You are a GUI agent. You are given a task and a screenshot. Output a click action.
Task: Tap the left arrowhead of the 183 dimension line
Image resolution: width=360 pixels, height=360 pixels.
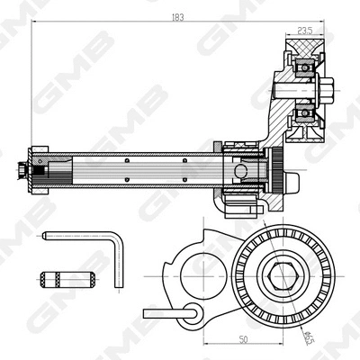pos(33,24)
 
